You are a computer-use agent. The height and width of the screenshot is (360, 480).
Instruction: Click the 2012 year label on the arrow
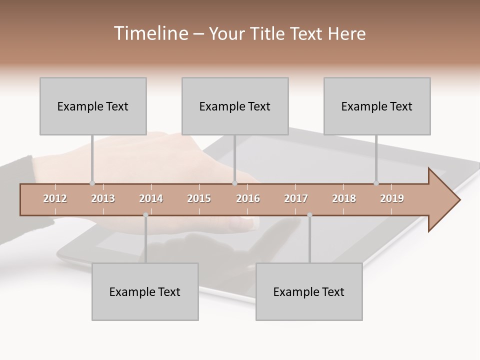pyautogui.click(x=55, y=198)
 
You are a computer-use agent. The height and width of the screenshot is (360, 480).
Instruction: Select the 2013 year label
pyautogui.click(x=103, y=198)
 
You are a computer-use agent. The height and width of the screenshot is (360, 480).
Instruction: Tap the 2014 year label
pyautogui.click(x=151, y=198)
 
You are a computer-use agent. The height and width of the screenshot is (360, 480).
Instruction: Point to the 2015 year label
pyautogui.click(x=199, y=198)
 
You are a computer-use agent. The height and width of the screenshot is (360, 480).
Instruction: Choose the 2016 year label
pyautogui.click(x=248, y=198)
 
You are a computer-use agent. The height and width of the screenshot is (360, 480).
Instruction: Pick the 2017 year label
pyautogui.click(x=296, y=198)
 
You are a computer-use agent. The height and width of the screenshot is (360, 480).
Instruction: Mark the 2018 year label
pyautogui.click(x=344, y=198)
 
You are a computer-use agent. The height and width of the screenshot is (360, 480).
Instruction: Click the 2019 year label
pyautogui.click(x=392, y=198)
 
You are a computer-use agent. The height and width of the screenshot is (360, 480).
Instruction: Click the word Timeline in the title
pyautogui.click(x=150, y=33)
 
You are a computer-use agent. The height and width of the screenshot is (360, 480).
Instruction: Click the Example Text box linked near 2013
pyautogui.click(x=93, y=106)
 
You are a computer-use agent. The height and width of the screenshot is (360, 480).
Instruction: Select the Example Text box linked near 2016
pyautogui.click(x=235, y=106)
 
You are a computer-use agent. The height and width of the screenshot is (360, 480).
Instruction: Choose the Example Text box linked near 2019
pyautogui.click(x=377, y=106)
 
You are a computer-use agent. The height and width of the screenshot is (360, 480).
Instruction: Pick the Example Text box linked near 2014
pyautogui.click(x=145, y=291)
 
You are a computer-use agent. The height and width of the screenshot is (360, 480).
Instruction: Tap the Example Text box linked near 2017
pyautogui.click(x=309, y=291)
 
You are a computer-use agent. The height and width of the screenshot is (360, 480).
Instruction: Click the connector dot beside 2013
pyautogui.click(x=92, y=183)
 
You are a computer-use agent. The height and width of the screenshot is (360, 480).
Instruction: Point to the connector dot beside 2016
pyautogui.click(x=234, y=183)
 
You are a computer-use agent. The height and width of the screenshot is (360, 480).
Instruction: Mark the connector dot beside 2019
pyautogui.click(x=376, y=183)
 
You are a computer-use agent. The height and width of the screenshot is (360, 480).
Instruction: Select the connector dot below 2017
pyautogui.click(x=309, y=215)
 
